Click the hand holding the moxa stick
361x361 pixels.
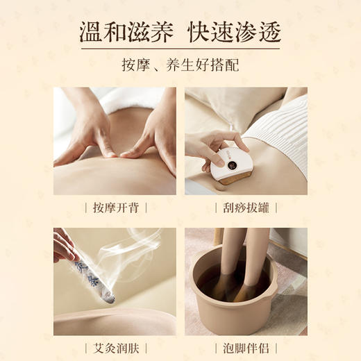pos(64,246)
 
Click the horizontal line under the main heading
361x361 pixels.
pos(180,48)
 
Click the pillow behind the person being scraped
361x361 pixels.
pos(229,104)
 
